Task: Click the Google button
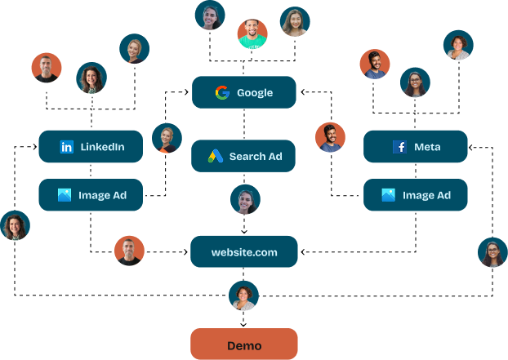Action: click(x=243, y=92)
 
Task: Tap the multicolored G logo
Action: click(x=222, y=92)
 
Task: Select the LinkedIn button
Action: click(x=91, y=146)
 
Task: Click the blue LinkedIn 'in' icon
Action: click(x=67, y=147)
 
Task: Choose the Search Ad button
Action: click(x=243, y=156)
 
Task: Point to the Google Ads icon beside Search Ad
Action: click(x=215, y=156)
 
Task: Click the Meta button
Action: click(x=415, y=146)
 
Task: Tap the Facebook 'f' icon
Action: click(x=399, y=147)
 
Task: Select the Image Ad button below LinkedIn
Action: click(x=91, y=195)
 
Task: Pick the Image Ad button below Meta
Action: click(x=415, y=195)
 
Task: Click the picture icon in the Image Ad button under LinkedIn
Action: click(x=65, y=195)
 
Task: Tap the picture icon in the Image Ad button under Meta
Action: click(x=389, y=195)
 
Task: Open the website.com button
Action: click(x=243, y=251)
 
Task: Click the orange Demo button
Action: click(x=243, y=344)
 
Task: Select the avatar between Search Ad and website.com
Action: click(x=245, y=199)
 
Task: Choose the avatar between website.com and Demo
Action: click(x=243, y=296)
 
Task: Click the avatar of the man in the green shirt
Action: click(x=252, y=33)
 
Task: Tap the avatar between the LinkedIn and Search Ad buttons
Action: click(x=167, y=138)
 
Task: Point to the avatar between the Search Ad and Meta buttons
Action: click(x=330, y=137)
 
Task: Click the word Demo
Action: click(x=243, y=345)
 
